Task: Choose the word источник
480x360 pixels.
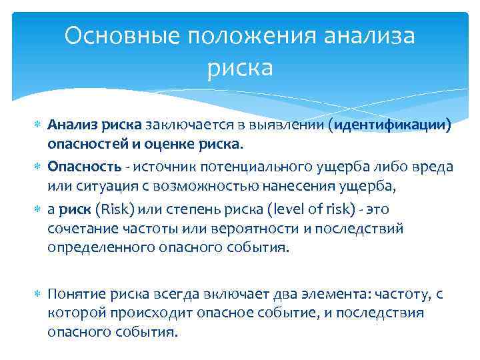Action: coord(163,165)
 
